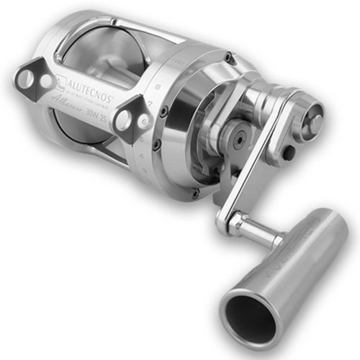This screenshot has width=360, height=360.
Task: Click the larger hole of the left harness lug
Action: point(26,78)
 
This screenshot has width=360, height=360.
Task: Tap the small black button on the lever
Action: point(289,153)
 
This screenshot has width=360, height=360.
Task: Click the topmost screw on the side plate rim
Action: point(229,58)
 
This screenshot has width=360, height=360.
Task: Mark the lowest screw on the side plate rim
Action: point(194,193)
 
